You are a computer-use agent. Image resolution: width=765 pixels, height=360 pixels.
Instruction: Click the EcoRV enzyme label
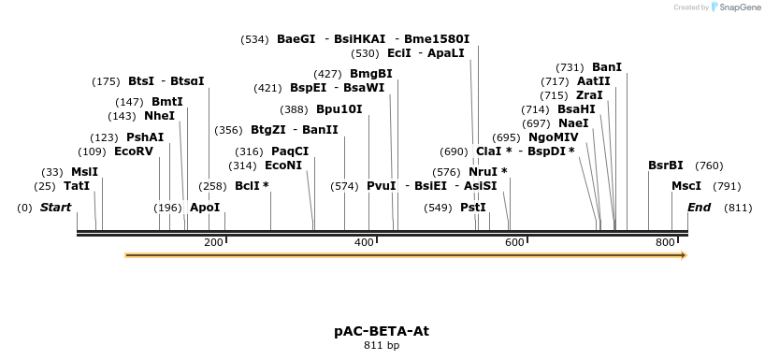tap(133, 151)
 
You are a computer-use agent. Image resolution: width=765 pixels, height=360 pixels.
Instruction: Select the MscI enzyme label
tap(686, 186)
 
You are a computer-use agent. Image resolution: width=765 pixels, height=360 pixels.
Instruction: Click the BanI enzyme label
tap(607, 67)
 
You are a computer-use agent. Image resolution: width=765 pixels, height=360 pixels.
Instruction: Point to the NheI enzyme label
tap(159, 116)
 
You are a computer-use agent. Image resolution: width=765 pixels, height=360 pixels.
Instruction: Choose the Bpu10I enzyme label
tap(339, 108)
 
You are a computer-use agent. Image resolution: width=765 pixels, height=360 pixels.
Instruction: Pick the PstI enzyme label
tap(473, 207)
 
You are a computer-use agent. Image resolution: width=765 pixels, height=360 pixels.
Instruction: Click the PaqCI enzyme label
tap(290, 151)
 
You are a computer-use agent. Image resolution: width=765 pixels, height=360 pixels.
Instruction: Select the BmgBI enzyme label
tap(371, 74)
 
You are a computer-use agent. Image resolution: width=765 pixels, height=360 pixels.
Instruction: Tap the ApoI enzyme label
tap(205, 207)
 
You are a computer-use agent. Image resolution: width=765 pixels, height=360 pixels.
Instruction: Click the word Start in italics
tap(55, 207)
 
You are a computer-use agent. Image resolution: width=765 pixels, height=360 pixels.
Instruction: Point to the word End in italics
tap(699, 207)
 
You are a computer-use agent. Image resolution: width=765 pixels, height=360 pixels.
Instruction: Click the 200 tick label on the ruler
tap(213, 242)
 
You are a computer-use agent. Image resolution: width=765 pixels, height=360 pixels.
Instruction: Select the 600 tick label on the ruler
tap(514, 242)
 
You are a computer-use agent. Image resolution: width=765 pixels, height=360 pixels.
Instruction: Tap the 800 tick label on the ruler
tap(665, 242)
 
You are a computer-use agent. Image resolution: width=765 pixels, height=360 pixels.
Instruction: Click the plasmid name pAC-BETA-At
tap(382, 331)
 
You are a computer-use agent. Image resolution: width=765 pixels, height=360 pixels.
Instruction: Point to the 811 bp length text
tap(382, 346)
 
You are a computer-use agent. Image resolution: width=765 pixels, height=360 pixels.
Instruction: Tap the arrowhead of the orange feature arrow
tap(683, 254)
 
